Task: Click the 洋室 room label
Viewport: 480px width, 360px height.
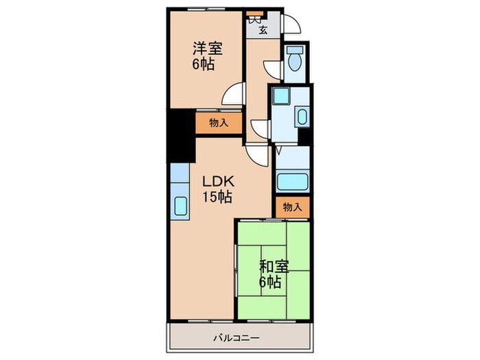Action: [x=207, y=49]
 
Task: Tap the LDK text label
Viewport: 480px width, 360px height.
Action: [x=218, y=182]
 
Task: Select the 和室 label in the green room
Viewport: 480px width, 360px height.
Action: [x=274, y=266]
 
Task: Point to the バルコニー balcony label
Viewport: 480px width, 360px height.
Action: [x=237, y=338]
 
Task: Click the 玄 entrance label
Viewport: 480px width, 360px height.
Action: [x=263, y=30]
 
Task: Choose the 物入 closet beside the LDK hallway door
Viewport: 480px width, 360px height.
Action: [x=219, y=123]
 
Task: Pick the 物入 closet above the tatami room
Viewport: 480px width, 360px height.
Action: [x=292, y=207]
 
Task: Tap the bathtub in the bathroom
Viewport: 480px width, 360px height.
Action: [x=292, y=182]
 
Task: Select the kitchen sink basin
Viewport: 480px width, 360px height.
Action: [x=180, y=206]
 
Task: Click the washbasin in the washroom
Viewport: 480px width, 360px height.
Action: [x=302, y=117]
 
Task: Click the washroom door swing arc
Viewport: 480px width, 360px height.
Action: [x=260, y=129]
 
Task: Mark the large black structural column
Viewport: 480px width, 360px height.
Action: [x=181, y=136]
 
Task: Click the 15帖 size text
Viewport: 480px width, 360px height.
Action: [x=217, y=197]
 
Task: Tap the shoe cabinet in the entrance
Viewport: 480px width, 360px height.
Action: [x=255, y=14]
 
